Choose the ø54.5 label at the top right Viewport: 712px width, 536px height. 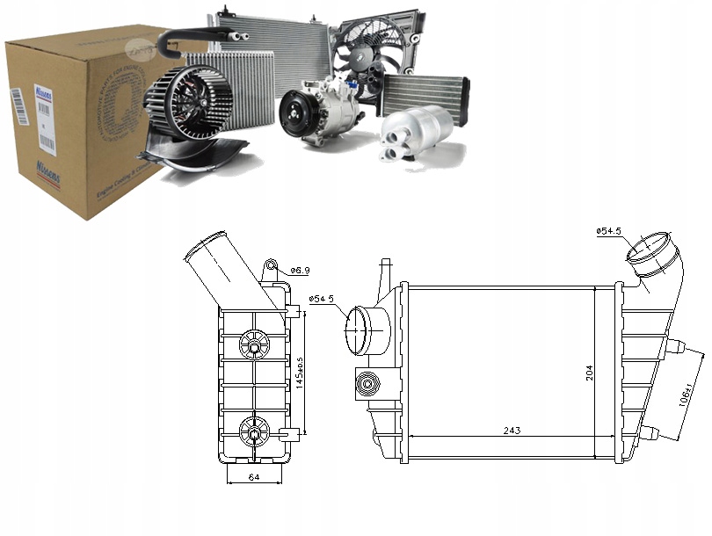[610, 231]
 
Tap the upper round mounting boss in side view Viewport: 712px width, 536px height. [254, 345]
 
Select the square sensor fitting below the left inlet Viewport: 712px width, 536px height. [367, 383]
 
